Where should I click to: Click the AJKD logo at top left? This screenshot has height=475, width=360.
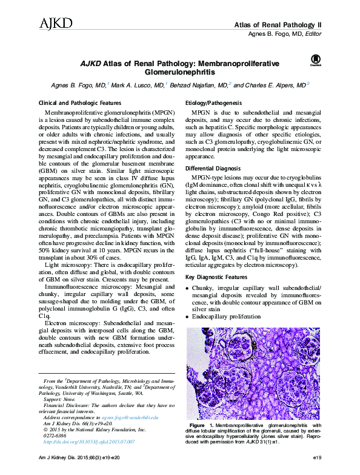[56, 24]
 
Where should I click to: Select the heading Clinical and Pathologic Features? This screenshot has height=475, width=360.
[79, 104]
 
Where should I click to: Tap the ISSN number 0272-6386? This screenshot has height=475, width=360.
[57, 436]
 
